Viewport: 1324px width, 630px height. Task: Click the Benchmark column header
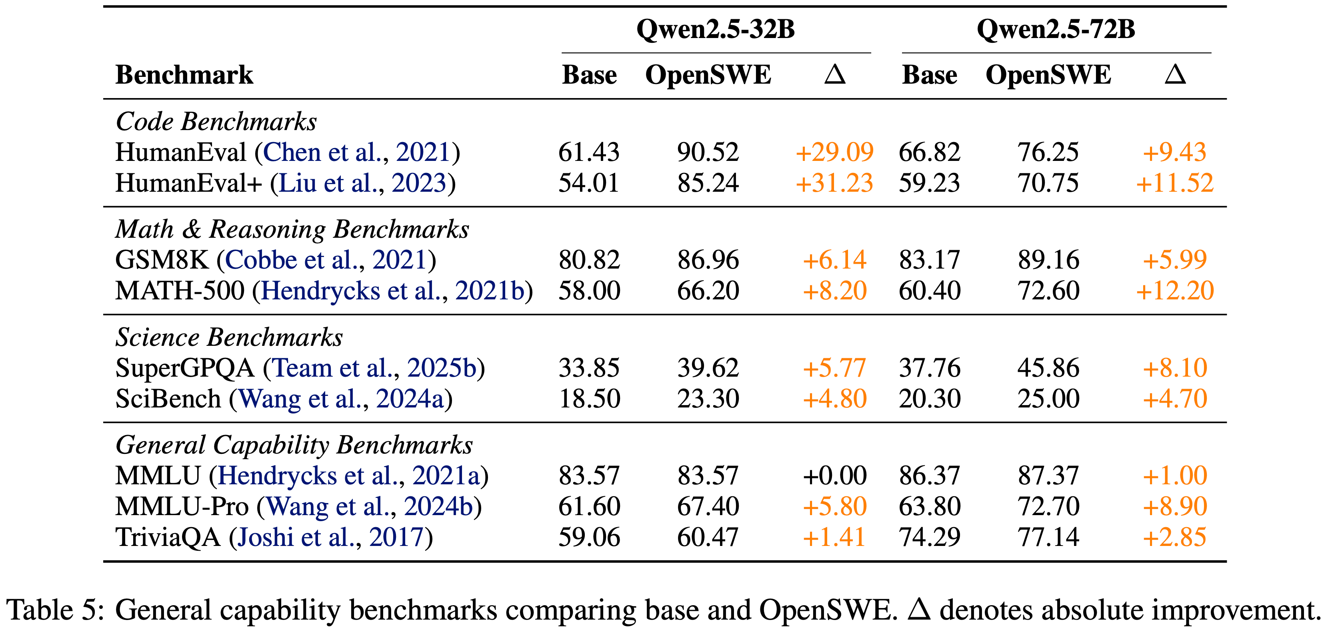click(x=184, y=75)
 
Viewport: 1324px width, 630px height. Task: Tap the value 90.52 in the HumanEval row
click(x=708, y=152)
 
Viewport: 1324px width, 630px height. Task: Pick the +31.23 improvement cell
click(x=834, y=183)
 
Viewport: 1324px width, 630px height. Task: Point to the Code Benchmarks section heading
click(x=216, y=122)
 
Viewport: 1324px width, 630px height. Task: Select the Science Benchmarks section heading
click(x=229, y=338)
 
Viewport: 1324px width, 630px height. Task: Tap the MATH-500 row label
click(x=180, y=291)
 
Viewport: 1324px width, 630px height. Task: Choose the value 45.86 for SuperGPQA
click(x=1048, y=368)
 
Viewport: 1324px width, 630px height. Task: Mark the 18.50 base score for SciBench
click(x=590, y=399)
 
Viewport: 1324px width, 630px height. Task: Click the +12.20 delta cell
click(x=1175, y=291)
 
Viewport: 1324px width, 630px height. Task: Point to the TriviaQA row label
click(x=168, y=538)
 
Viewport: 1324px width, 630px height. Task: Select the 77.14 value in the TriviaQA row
click(x=1048, y=538)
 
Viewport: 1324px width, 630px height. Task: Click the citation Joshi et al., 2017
click(x=330, y=538)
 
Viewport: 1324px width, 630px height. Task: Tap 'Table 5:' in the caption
click(x=56, y=610)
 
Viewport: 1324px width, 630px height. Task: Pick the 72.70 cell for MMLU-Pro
click(x=1048, y=507)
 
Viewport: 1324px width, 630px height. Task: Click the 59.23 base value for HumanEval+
click(x=929, y=183)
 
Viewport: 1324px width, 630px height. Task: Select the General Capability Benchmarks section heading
click(x=294, y=445)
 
